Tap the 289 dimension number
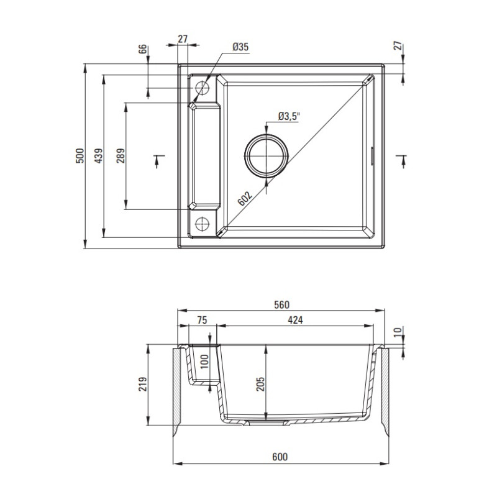(120, 155)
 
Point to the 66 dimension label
(142, 50)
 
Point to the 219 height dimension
(143, 390)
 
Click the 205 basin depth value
(260, 388)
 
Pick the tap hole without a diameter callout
(203, 224)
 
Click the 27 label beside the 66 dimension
(183, 39)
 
